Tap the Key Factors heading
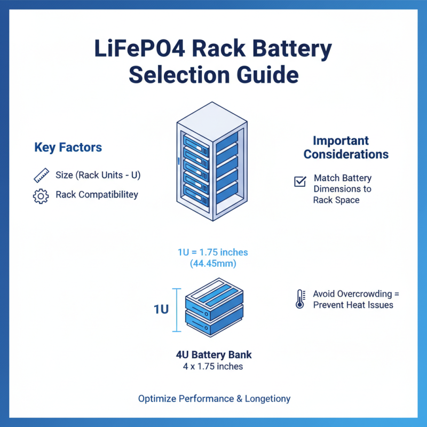(x=68, y=147)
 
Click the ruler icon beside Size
(x=41, y=175)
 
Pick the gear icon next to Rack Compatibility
(x=41, y=196)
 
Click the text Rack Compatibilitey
(x=97, y=195)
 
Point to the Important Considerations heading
(x=346, y=148)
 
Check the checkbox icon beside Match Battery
(x=300, y=181)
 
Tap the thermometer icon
(x=299, y=299)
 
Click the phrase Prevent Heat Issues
(x=353, y=305)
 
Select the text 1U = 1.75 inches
(x=213, y=252)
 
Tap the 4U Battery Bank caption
(x=213, y=355)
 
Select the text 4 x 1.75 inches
(x=213, y=366)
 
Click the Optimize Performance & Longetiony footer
(x=214, y=399)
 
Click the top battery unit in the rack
(x=196, y=140)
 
